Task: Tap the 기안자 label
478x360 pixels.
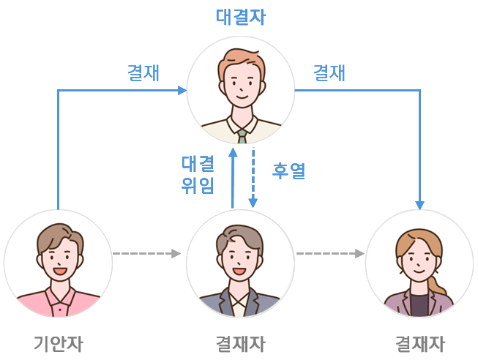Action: [x=58, y=343]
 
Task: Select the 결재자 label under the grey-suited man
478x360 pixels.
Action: [x=241, y=343]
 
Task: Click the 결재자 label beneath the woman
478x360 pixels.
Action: [x=420, y=343]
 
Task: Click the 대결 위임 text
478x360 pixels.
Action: [x=198, y=174]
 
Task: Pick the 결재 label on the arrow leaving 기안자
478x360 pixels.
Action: [x=143, y=73]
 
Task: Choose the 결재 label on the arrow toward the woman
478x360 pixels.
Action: [x=329, y=73]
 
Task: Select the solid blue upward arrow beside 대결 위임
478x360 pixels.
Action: [x=233, y=179]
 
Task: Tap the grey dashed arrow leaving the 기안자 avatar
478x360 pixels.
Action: [x=146, y=254]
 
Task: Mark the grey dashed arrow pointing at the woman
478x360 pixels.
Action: [x=330, y=254]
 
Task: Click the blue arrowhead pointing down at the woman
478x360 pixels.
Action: [x=420, y=204]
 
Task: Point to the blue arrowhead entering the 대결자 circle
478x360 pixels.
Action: [x=181, y=90]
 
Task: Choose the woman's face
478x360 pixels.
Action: [x=418, y=260]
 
